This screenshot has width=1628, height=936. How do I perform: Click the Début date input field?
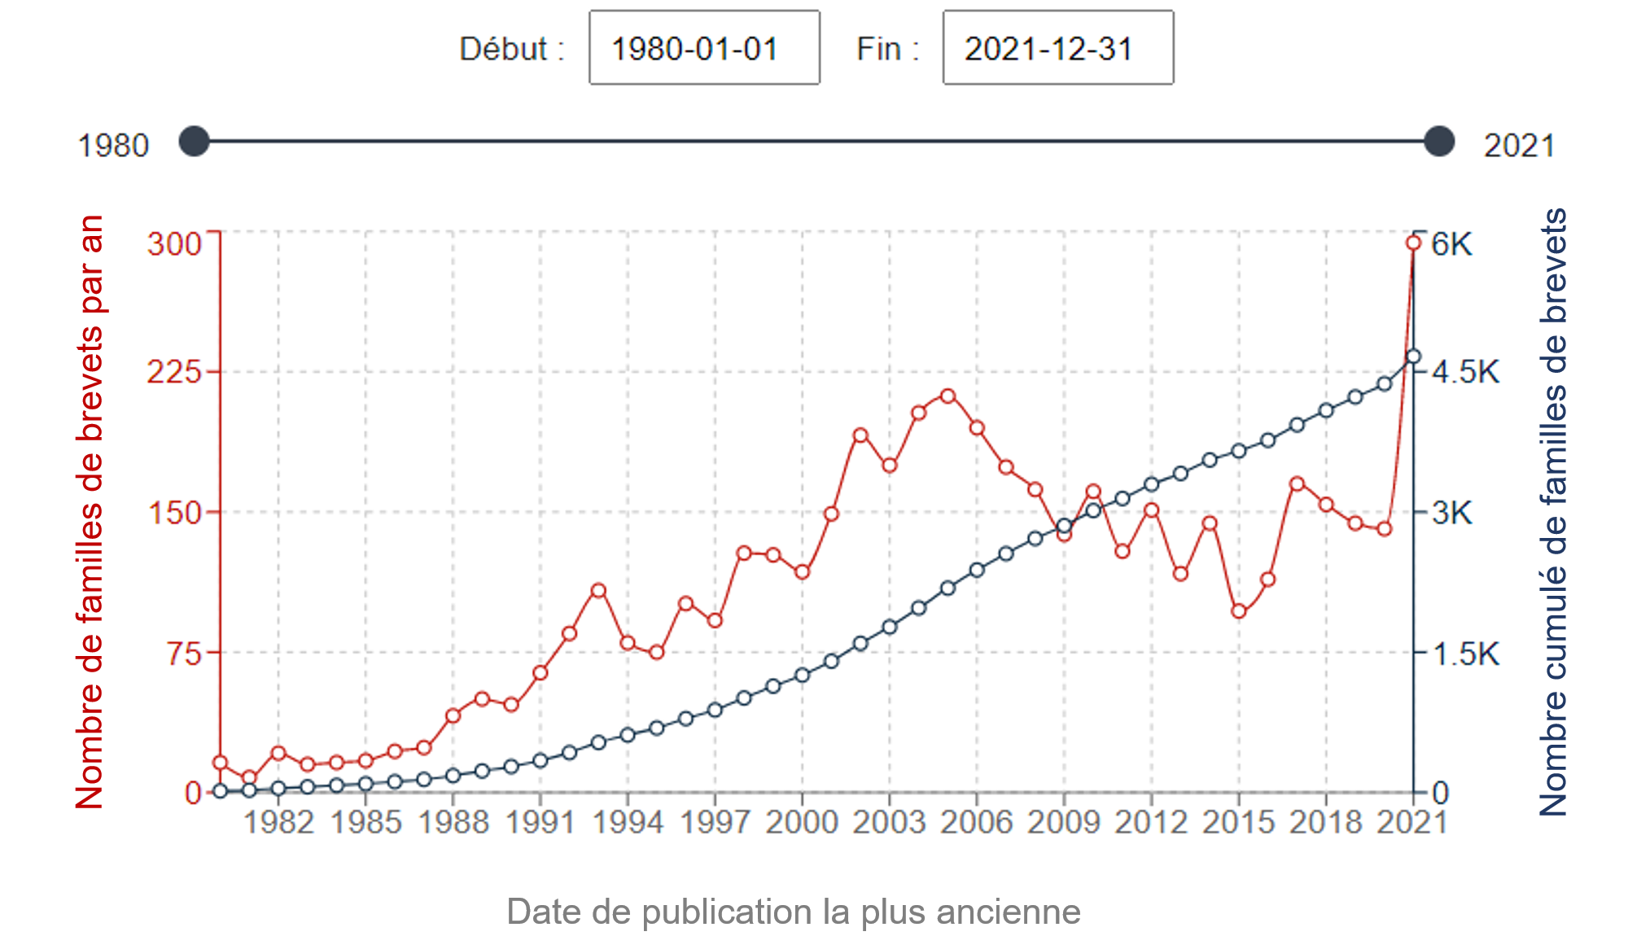click(x=704, y=48)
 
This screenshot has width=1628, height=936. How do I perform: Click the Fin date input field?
click(x=1057, y=48)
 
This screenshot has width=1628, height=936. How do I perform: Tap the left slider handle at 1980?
click(x=195, y=142)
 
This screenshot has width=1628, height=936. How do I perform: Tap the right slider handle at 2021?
click(x=1439, y=142)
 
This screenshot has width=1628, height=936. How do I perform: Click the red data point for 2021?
click(x=1414, y=243)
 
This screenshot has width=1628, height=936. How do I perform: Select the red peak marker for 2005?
click(x=947, y=396)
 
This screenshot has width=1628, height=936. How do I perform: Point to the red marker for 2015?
click(x=1239, y=611)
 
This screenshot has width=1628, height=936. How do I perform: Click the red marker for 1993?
click(x=598, y=590)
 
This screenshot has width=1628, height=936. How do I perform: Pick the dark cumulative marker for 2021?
click(x=1414, y=356)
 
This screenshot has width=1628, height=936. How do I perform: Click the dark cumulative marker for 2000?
click(x=802, y=675)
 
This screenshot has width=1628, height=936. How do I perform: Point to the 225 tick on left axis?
click(x=174, y=372)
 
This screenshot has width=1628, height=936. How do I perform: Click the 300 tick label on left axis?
click(x=174, y=243)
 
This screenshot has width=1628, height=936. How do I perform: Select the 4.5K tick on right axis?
click(x=1465, y=372)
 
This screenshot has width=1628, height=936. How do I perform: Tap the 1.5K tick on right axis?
click(x=1465, y=654)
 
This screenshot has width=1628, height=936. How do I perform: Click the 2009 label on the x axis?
click(x=1064, y=822)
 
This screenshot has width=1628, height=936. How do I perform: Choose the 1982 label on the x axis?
click(x=278, y=822)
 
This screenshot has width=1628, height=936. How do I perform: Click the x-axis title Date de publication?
click(x=793, y=912)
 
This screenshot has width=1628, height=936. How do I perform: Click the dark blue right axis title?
click(x=1553, y=513)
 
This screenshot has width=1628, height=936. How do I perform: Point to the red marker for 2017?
click(x=1298, y=484)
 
